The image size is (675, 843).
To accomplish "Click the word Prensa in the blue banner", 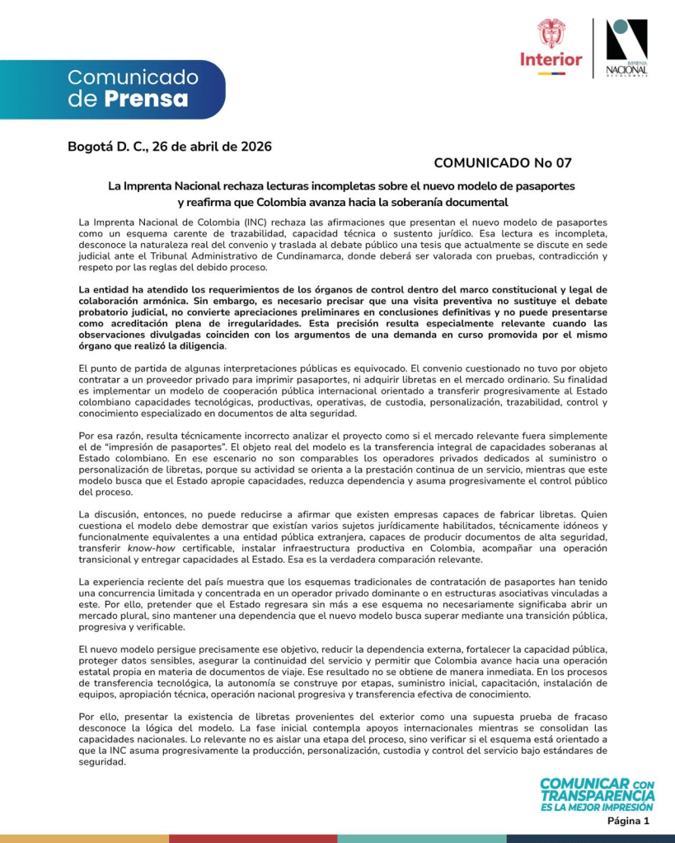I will (146, 100).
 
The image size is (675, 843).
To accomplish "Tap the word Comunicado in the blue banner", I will (133, 78).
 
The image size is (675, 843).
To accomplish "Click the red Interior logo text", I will (551, 59).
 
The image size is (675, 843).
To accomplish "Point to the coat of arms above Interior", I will (551, 33).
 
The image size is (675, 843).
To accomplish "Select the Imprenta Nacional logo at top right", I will (626, 47).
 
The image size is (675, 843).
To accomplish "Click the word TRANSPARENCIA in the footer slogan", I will (598, 795).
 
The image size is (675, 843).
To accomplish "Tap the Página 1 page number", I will (629, 821).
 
